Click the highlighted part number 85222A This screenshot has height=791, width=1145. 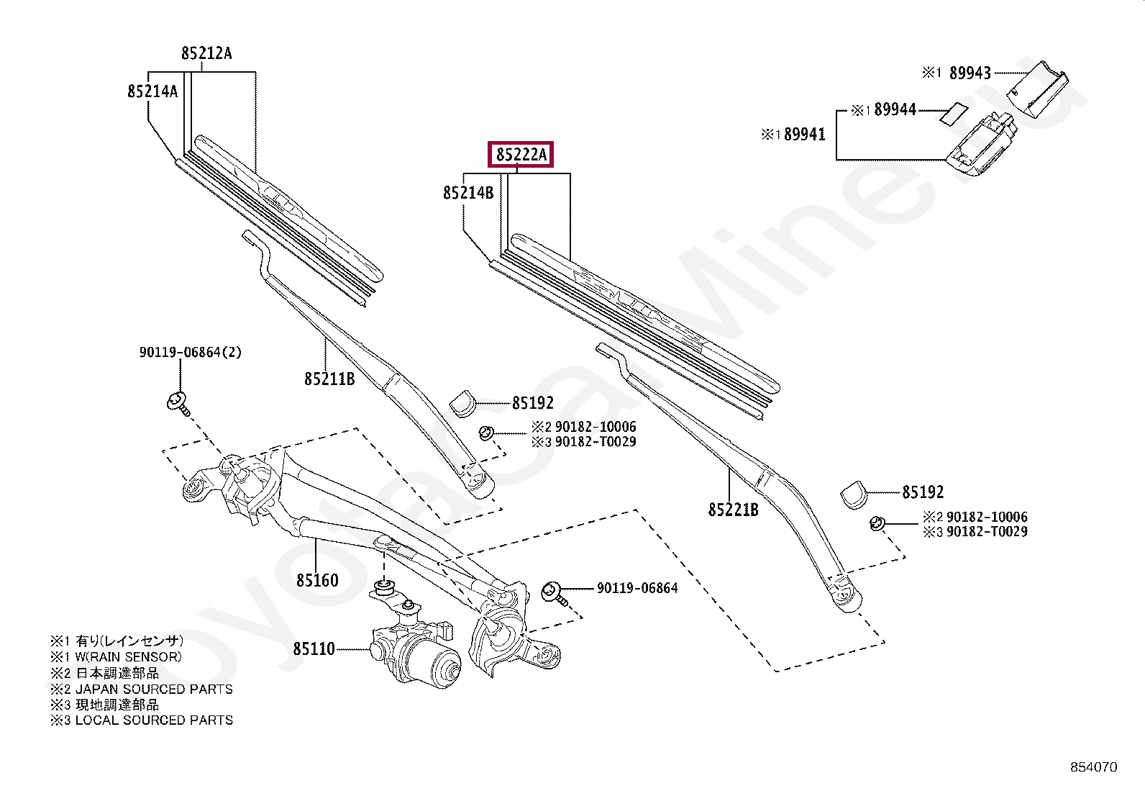(x=520, y=154)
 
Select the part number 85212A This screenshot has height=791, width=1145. (x=206, y=53)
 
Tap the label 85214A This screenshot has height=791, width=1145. (x=152, y=91)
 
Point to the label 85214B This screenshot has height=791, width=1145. (x=468, y=193)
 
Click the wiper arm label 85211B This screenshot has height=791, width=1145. (x=329, y=379)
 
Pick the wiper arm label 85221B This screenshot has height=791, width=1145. (x=734, y=510)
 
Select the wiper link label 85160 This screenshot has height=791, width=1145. (x=317, y=580)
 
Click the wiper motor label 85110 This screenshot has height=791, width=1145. (x=314, y=649)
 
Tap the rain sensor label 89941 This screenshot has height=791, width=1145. (x=804, y=135)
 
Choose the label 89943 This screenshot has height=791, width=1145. (x=970, y=73)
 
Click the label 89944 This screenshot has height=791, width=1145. (x=895, y=110)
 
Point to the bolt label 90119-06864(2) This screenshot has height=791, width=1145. (x=191, y=353)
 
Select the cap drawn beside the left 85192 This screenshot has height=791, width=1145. (x=462, y=403)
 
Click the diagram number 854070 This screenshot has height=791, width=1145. (x=1093, y=767)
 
